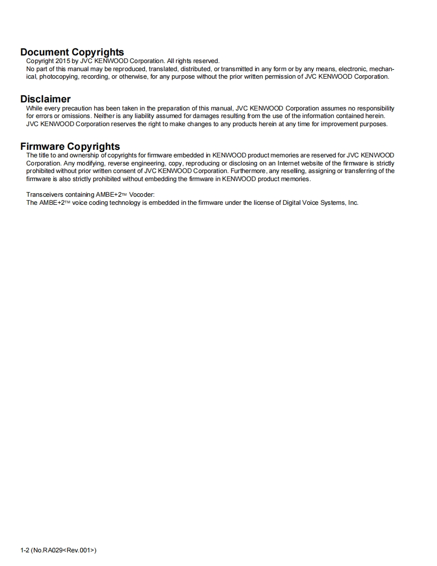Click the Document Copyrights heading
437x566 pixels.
(72, 52)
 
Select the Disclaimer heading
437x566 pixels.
(45, 99)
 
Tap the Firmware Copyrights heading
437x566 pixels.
(70, 146)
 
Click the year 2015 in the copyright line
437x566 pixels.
(57, 61)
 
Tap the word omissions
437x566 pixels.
(73, 116)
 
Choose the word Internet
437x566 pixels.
(291, 163)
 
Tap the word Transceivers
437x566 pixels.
(46, 195)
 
